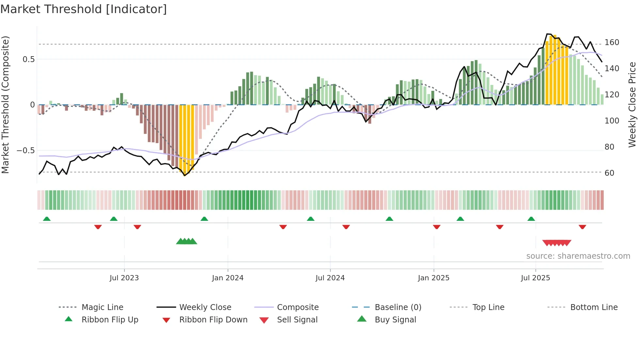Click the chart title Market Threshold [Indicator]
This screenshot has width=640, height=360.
(x=84, y=9)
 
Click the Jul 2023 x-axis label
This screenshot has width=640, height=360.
(x=124, y=278)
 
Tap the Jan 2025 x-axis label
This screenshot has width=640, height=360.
(x=433, y=278)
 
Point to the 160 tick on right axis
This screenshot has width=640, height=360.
(x=612, y=42)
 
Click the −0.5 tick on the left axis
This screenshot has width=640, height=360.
(x=26, y=151)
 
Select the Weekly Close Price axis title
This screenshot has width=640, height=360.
(x=632, y=105)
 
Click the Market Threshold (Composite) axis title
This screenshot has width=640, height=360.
(x=5, y=105)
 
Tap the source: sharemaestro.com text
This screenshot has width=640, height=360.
(x=578, y=256)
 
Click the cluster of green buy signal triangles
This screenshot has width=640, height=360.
(x=186, y=241)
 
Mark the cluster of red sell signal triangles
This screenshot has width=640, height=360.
(x=557, y=243)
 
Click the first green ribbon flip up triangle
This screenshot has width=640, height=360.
(x=47, y=219)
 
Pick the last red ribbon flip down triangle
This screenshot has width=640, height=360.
(x=582, y=227)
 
